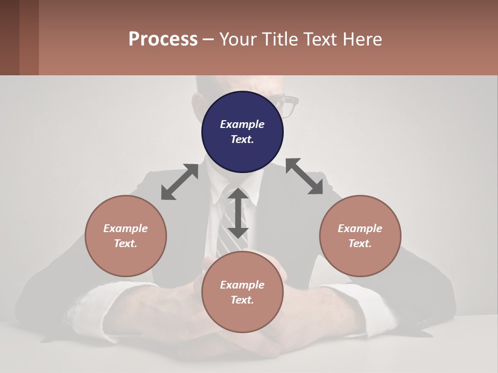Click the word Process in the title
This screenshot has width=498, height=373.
click(163, 39)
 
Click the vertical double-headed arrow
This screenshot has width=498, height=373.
click(238, 213)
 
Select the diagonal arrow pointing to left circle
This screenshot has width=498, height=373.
click(179, 182)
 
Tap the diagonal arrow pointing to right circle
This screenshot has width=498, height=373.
click(304, 176)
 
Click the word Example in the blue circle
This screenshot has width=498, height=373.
click(242, 124)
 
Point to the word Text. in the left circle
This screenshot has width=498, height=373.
click(126, 243)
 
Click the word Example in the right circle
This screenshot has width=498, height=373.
click(360, 228)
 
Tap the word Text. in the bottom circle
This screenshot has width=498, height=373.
click(242, 300)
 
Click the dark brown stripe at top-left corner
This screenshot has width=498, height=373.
click(9, 37)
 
